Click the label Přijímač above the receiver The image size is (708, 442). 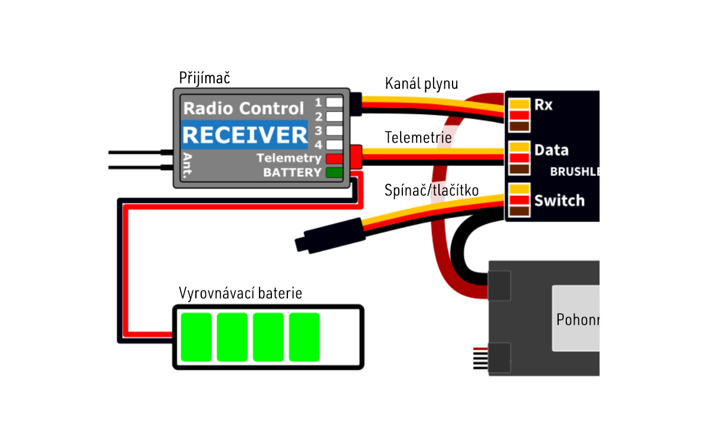click(x=204, y=78)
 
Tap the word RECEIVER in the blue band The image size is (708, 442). click(x=244, y=135)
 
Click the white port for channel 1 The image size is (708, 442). click(x=335, y=102)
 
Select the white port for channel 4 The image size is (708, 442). click(x=335, y=144)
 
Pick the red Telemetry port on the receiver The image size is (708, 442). click(x=334, y=159)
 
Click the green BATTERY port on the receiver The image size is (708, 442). click(x=334, y=173)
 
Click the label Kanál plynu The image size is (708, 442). click(x=421, y=84)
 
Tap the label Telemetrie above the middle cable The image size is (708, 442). click(x=418, y=138)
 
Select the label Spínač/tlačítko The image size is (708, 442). click(x=431, y=190)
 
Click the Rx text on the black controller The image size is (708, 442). click(x=543, y=105)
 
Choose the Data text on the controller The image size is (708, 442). click(x=551, y=150)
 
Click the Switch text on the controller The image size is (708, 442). click(x=559, y=200)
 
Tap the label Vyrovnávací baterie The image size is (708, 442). click(x=240, y=293)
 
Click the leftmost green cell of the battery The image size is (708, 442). click(x=196, y=337)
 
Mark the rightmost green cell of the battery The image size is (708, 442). click(x=304, y=337)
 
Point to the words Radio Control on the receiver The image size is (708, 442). click(x=244, y=108)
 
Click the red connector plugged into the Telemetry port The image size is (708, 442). click(x=356, y=157)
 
